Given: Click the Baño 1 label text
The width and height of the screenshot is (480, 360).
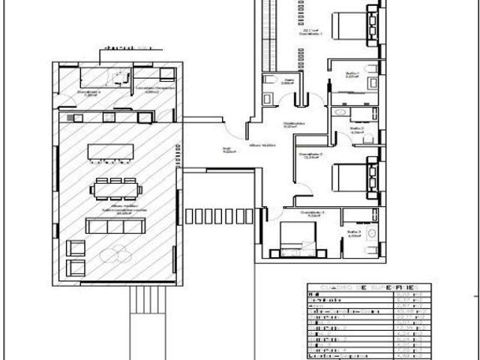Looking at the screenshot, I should pos(352,73).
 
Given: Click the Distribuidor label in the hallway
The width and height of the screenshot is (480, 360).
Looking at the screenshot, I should pos(293,124).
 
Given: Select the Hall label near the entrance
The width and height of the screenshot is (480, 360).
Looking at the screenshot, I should pos(224,148).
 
